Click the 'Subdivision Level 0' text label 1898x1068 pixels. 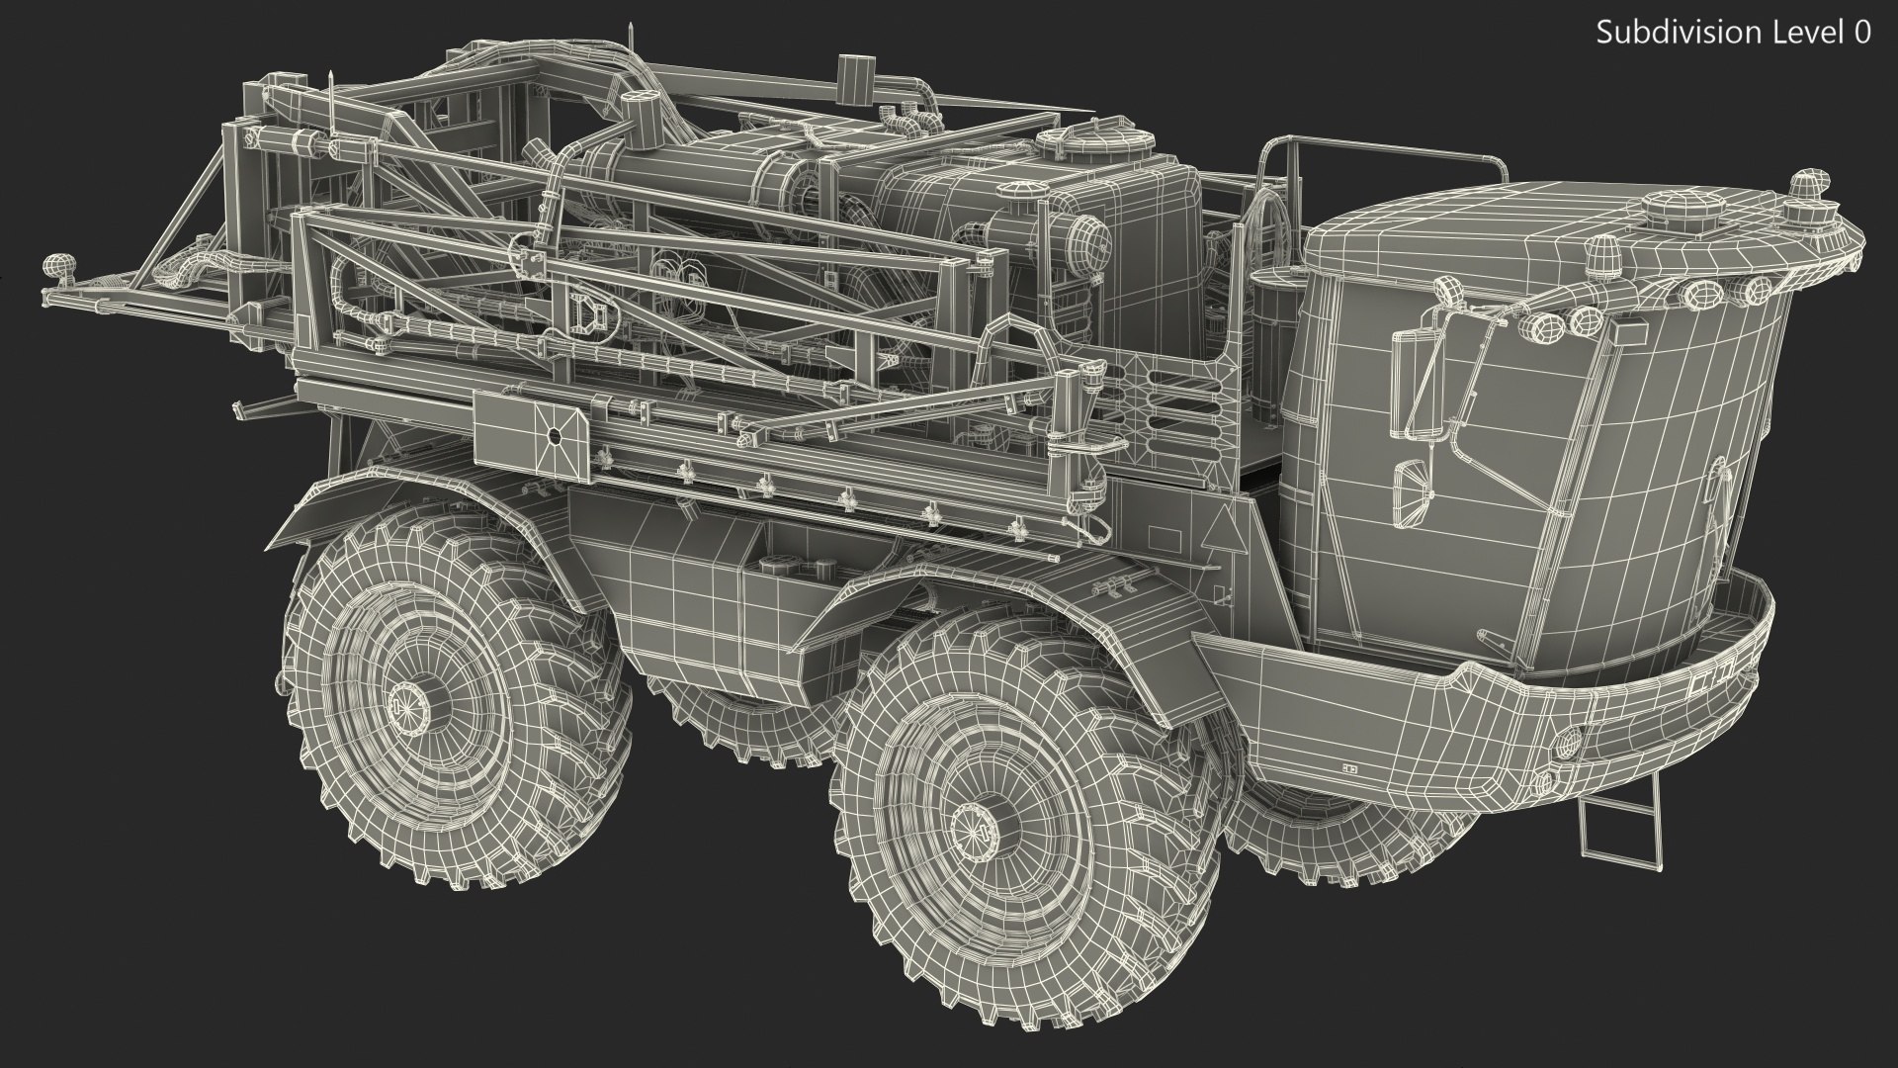pos(1733,32)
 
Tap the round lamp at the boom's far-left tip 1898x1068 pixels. pos(54,267)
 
